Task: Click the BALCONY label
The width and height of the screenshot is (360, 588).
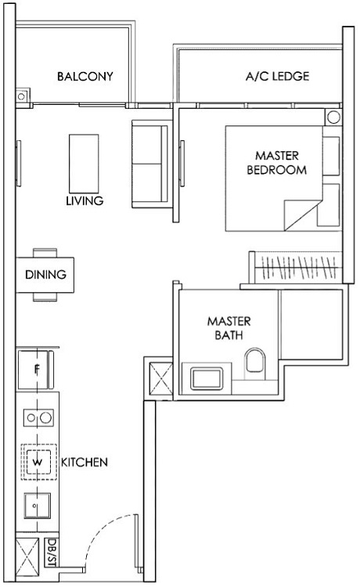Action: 85,77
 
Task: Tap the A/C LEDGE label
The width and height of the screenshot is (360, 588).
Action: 277,77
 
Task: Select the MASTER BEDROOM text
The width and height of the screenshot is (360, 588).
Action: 276,162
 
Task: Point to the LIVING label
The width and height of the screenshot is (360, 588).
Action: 85,201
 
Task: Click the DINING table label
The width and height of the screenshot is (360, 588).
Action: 45,275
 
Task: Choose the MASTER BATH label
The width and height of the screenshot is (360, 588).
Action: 229,327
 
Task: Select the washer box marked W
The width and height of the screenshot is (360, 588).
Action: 37,463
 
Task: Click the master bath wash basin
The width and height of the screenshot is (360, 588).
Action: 206,379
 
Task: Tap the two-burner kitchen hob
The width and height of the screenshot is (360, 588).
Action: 37,417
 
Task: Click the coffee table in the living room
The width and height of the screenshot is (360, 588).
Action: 84,159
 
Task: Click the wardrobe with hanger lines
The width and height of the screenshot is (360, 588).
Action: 295,268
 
